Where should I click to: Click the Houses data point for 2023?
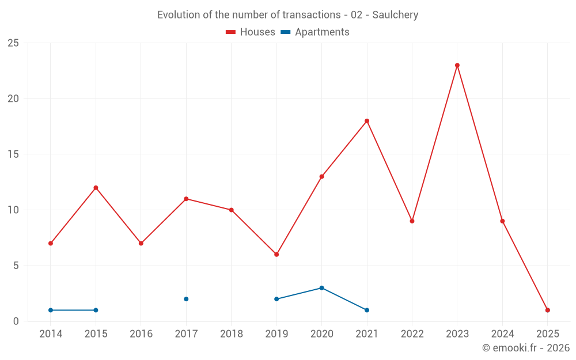point(457,65)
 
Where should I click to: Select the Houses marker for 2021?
point(367,121)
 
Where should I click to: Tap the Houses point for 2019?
point(276,254)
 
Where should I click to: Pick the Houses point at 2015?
point(96,188)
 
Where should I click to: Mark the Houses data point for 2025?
point(548,310)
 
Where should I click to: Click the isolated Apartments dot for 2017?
point(186,299)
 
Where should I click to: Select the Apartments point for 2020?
point(321,288)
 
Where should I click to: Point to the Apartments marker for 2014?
point(51,310)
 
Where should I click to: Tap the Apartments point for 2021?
point(367,310)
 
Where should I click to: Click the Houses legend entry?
point(251,32)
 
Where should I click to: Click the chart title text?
point(288,15)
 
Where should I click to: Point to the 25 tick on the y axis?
point(14,43)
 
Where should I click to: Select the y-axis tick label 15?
point(14,154)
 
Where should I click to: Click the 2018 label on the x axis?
point(232,334)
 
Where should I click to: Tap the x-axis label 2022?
point(412,334)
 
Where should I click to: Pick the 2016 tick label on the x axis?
point(141,334)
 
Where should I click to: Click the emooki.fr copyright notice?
point(526,348)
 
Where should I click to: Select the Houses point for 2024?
point(502,221)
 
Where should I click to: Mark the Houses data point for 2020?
point(321,176)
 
